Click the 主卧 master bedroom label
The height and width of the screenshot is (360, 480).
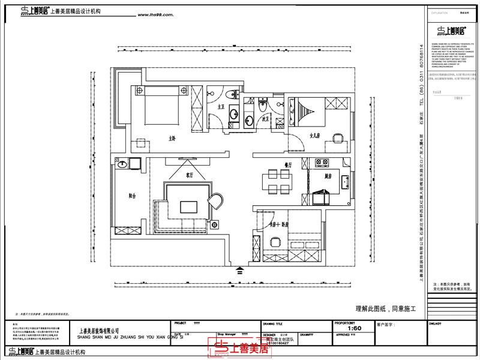172,138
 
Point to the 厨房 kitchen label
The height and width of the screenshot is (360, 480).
328,176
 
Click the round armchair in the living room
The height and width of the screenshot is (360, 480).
215,200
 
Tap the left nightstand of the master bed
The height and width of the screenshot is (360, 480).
140,91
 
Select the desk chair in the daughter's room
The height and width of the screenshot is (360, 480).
338,137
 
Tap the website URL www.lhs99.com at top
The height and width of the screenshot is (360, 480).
156,16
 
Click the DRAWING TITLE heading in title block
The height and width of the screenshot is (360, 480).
274,322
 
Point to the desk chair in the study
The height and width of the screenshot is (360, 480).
275,242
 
